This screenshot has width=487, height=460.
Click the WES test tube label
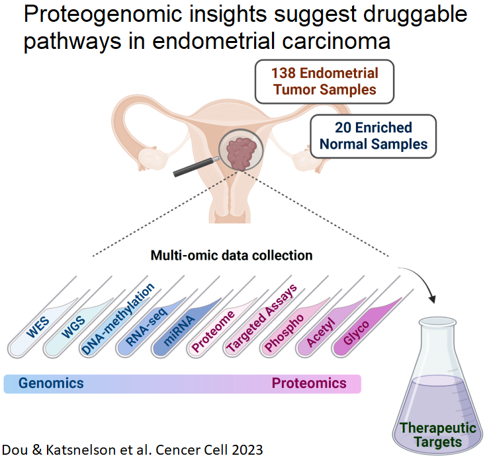click(x=38, y=327)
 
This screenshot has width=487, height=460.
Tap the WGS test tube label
click(x=73, y=327)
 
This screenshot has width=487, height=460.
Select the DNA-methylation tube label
click(x=118, y=319)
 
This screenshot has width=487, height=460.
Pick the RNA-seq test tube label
click(x=147, y=326)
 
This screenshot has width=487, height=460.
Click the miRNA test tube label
click(x=179, y=330)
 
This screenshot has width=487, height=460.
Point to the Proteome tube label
click(x=213, y=331)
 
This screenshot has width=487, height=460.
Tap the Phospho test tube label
click(x=284, y=332)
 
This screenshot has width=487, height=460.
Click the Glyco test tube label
click(x=357, y=332)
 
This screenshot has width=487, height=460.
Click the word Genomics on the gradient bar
click(x=51, y=383)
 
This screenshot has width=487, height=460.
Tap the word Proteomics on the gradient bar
click(x=309, y=383)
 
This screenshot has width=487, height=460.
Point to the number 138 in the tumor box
click(x=283, y=73)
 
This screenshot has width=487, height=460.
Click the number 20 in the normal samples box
click(x=343, y=128)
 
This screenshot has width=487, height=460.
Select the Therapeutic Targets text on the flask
click(x=438, y=435)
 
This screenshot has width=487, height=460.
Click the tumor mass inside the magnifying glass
click(x=242, y=152)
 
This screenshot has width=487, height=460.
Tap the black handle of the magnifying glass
click(x=193, y=167)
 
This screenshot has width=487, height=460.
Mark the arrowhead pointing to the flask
click(x=432, y=299)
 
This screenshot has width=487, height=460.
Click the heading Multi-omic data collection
click(x=232, y=256)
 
